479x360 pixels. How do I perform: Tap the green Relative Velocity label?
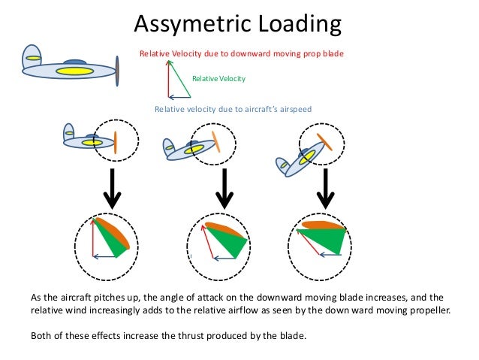click(218, 78)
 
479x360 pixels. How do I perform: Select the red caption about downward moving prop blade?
click(241, 54)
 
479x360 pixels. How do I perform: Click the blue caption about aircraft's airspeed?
click(233, 109)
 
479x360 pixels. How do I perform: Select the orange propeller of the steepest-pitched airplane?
click(324, 141)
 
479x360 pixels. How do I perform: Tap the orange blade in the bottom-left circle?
click(116, 232)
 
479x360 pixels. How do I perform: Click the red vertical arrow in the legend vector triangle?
click(168, 79)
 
